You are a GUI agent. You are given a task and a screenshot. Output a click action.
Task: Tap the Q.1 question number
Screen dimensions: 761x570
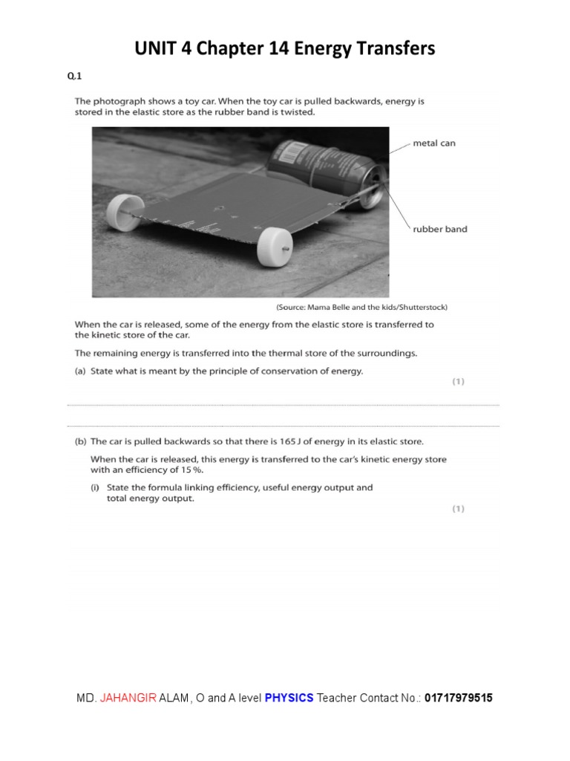pyautogui.click(x=73, y=76)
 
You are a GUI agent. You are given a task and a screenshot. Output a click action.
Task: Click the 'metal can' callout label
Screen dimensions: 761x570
pyautogui.click(x=434, y=143)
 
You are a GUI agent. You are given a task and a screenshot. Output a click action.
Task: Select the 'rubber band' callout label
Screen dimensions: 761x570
pyautogui.click(x=440, y=229)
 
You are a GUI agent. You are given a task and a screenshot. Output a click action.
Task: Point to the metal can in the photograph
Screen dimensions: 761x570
pyautogui.click(x=327, y=170)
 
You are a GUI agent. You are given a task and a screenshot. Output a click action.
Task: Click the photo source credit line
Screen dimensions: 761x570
pyautogui.click(x=361, y=307)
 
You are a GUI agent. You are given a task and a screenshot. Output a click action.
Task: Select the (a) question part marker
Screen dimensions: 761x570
pyautogui.click(x=80, y=372)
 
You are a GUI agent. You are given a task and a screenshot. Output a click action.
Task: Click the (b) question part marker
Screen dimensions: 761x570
pyautogui.click(x=80, y=441)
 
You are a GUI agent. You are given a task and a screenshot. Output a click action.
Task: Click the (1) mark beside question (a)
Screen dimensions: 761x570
pyautogui.click(x=459, y=382)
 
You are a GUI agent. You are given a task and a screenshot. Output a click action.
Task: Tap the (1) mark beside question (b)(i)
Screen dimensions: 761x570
pyautogui.click(x=459, y=509)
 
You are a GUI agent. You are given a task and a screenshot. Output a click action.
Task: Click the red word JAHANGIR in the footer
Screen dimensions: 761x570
pyautogui.click(x=128, y=698)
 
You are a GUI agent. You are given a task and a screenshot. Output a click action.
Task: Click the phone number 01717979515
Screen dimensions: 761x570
pyautogui.click(x=459, y=698)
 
